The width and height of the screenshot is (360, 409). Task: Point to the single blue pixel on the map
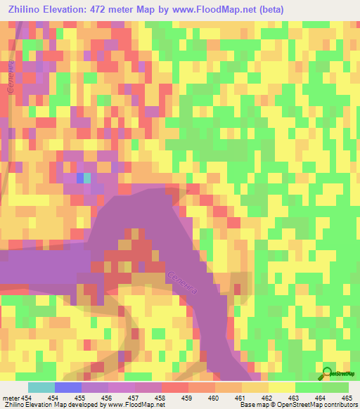point(80,178)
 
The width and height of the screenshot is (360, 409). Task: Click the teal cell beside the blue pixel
point(87,178)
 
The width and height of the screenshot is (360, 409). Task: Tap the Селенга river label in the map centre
point(184,275)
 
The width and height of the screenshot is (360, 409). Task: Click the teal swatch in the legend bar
point(41,387)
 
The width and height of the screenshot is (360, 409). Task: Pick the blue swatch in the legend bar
point(67,387)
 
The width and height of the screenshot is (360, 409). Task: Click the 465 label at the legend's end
point(347,398)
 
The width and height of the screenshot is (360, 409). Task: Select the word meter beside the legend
point(12,398)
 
